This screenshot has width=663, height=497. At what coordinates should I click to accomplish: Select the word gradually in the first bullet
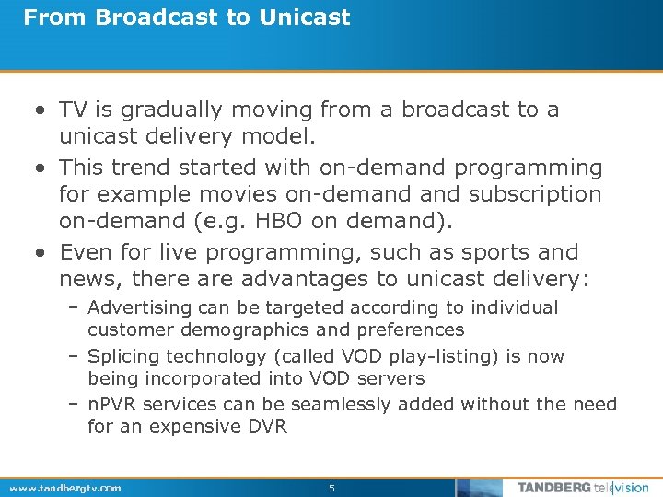(x=165, y=110)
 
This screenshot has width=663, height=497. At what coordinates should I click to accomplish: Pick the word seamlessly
(x=336, y=404)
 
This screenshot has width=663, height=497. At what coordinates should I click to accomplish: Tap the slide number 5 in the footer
(x=331, y=488)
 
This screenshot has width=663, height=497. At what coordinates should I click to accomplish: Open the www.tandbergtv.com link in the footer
(x=64, y=488)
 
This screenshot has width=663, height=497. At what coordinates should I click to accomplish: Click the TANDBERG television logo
(x=582, y=488)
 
